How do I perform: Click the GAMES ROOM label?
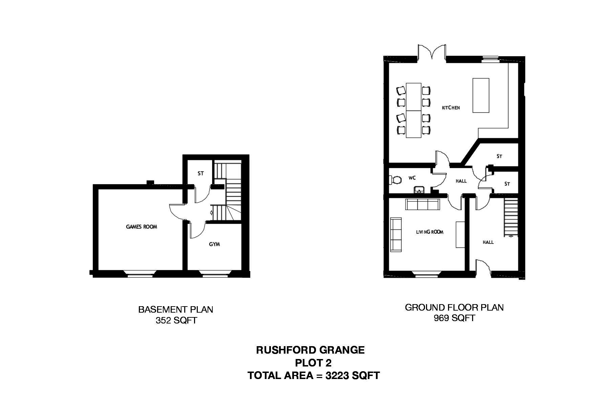click(142, 227)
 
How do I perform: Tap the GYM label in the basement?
click(214, 244)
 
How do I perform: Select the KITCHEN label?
click(451, 108)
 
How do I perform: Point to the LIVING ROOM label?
click(429, 232)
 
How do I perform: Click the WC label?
click(412, 178)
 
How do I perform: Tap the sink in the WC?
click(419, 189)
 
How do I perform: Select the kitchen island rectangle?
click(481, 95)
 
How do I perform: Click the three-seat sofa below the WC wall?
click(422, 205)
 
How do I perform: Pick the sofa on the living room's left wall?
click(396, 235)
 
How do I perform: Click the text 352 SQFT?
click(176, 320)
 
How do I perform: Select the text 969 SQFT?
click(454, 318)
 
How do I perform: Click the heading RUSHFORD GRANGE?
click(310, 350)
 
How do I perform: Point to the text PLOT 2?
click(313, 363)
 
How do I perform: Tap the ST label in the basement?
click(200, 173)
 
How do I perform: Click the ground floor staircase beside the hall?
click(511, 217)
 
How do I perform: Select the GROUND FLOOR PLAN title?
click(454, 308)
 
